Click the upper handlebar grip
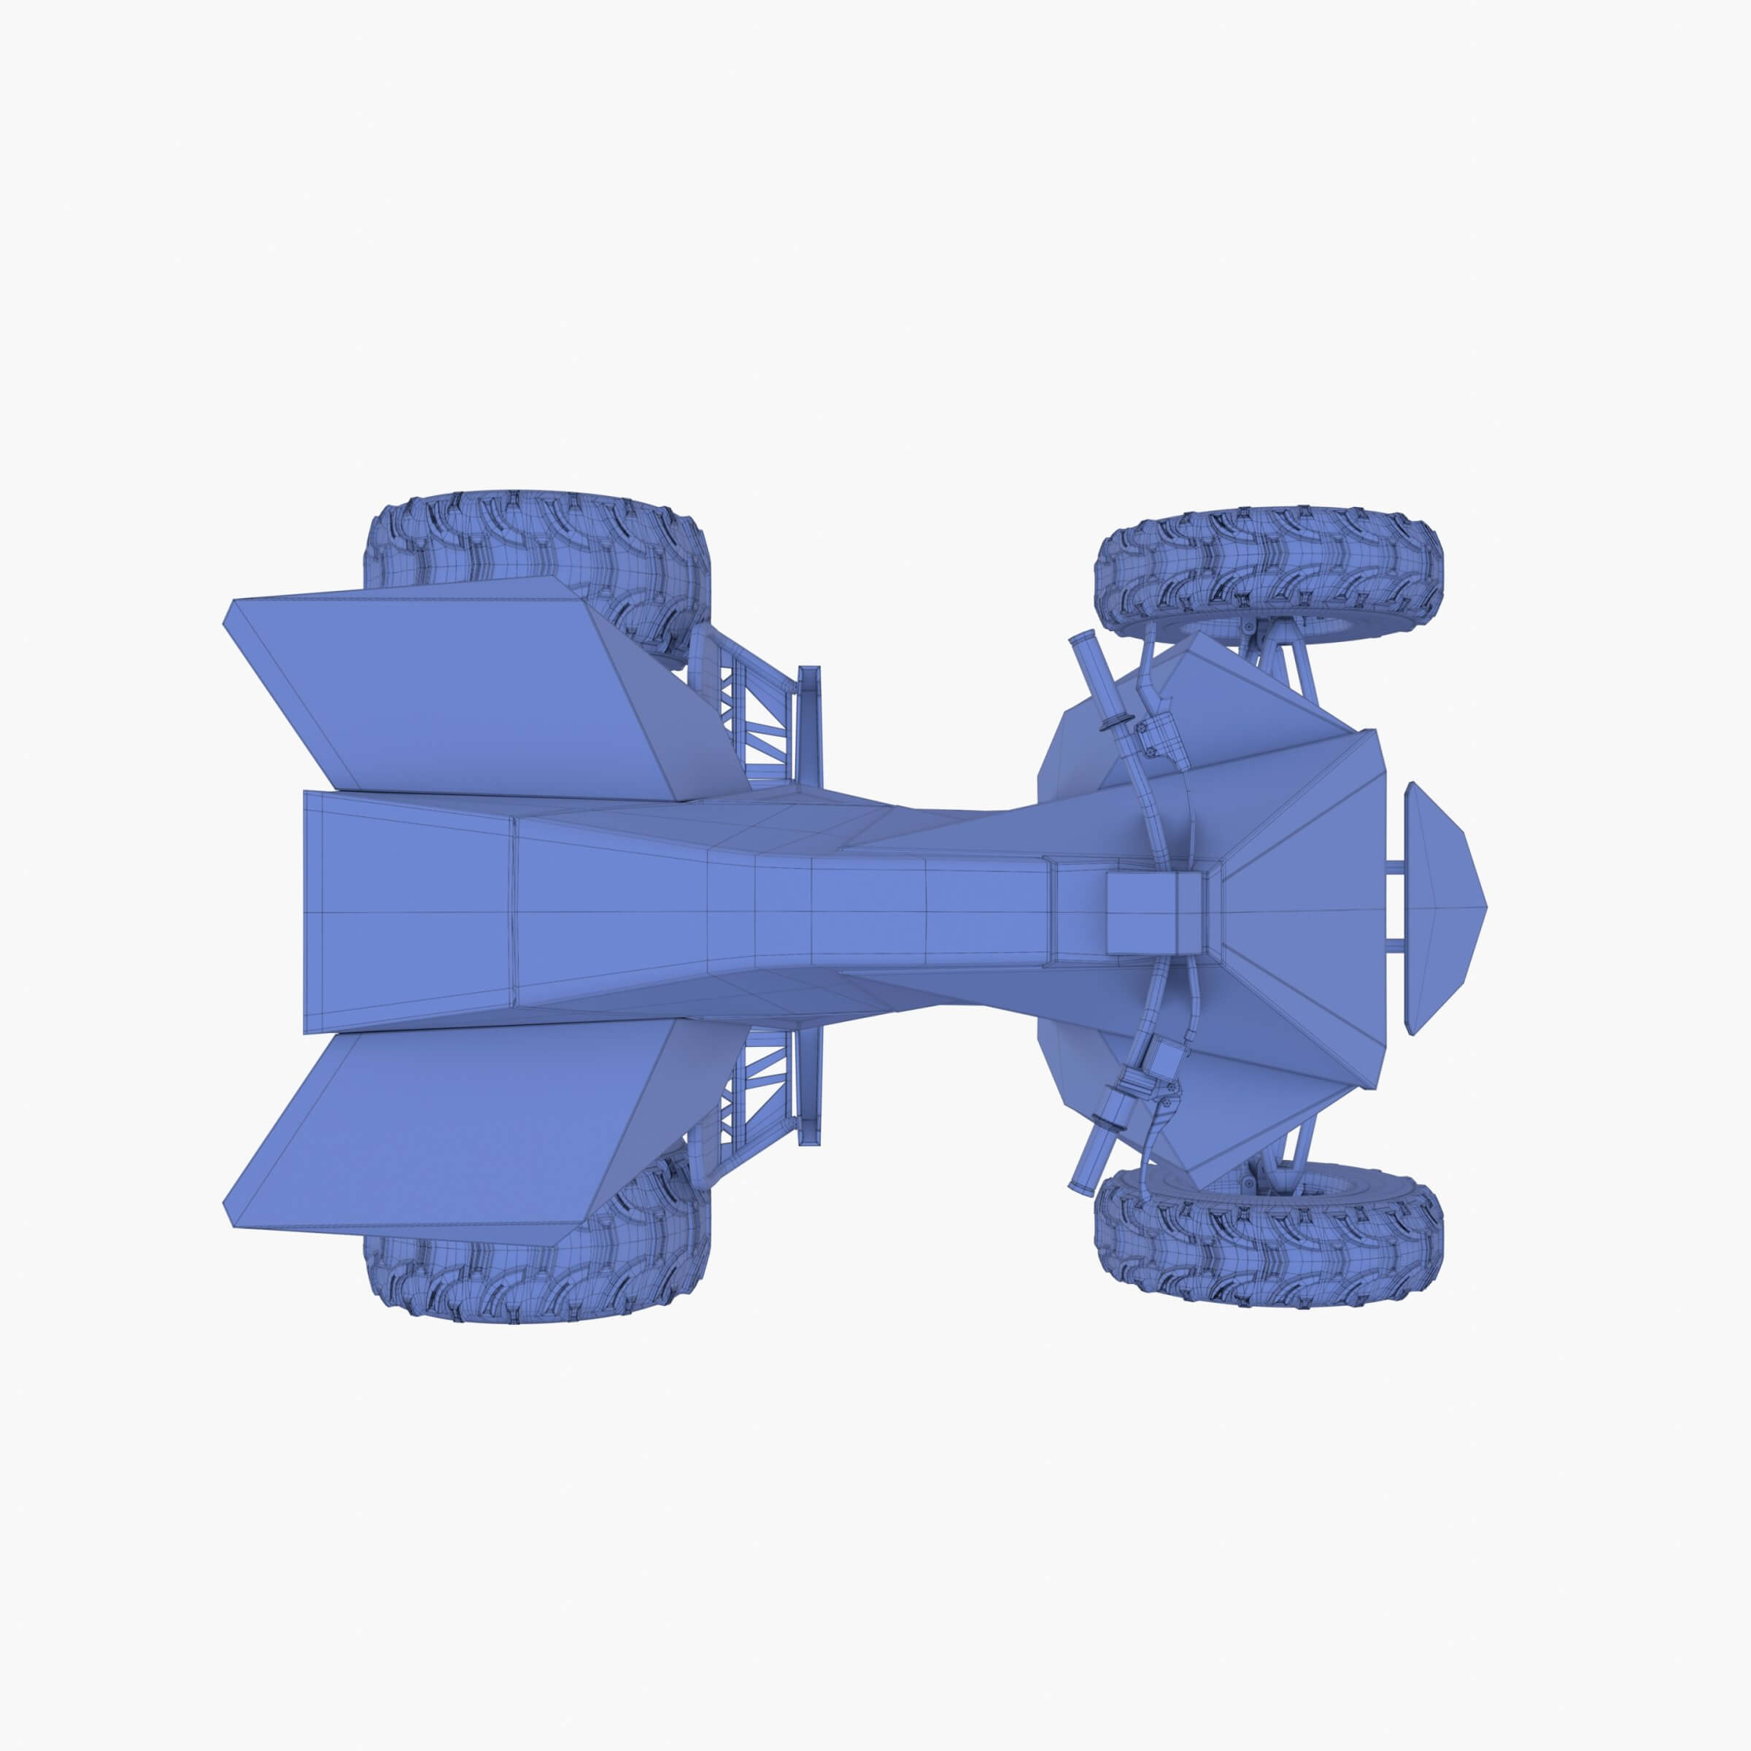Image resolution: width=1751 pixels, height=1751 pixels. [1088, 670]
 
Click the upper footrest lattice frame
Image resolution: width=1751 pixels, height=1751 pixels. [757, 716]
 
